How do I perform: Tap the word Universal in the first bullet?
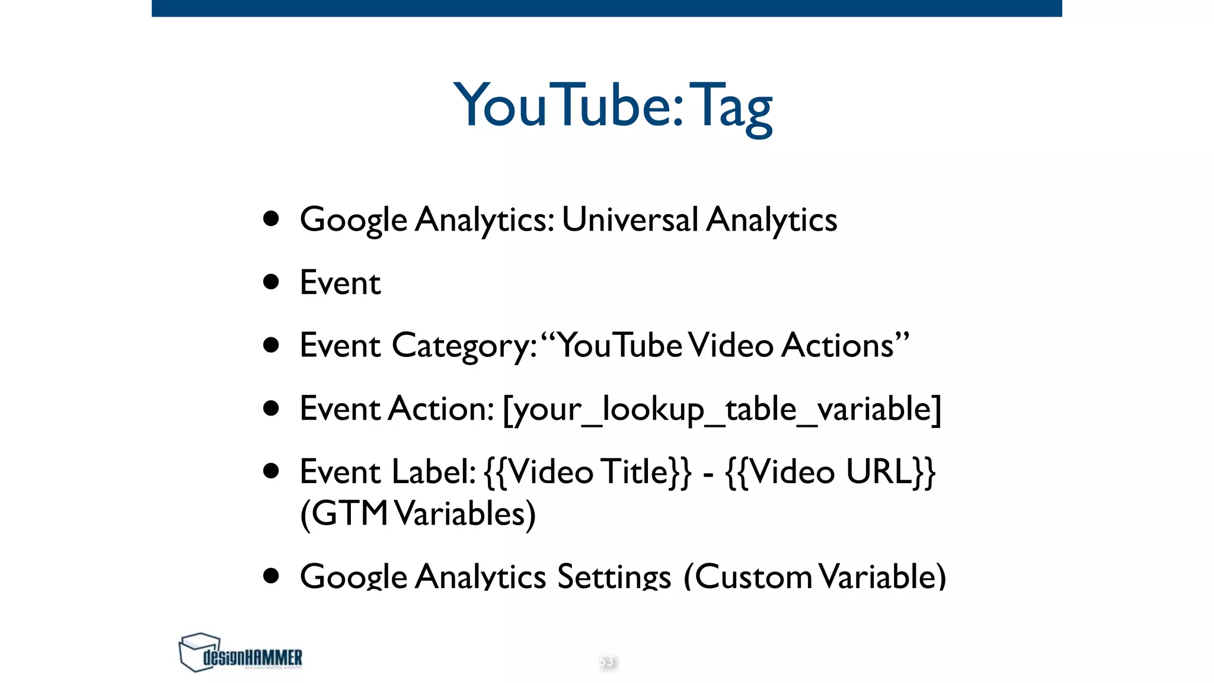point(630,219)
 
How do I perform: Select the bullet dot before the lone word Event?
point(271,282)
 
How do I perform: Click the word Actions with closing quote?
point(844,345)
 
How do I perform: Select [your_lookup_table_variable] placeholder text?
point(721,409)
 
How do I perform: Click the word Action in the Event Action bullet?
point(440,408)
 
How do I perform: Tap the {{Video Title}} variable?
point(587,472)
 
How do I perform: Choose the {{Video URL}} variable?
point(830,472)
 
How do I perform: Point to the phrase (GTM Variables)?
point(418,513)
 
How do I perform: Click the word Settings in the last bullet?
point(614,576)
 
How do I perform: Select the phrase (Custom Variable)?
point(814,576)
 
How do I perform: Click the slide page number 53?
point(606,661)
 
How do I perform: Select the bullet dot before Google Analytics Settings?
point(271,575)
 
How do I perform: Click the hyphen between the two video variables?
point(708,474)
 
